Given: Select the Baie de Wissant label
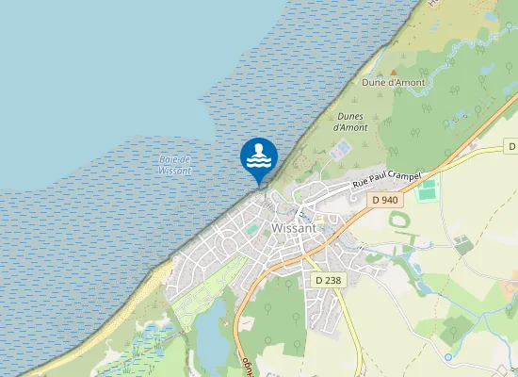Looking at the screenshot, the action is [x=175, y=165].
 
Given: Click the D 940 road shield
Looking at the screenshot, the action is [x=385, y=200].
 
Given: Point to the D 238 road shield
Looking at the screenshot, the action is [x=328, y=280].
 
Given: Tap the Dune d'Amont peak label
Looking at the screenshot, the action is [x=394, y=83].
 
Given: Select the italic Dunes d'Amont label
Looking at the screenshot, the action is [x=351, y=122].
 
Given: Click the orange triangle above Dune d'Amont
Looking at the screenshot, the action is [x=394, y=71].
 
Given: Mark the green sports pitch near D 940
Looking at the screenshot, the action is [x=428, y=190].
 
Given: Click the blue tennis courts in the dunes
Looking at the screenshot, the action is [x=343, y=149].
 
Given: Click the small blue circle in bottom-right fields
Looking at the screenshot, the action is [x=448, y=357].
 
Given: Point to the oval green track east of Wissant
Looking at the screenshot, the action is [x=400, y=221].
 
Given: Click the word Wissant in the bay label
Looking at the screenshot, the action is [x=175, y=171].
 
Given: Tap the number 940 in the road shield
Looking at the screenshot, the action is [x=390, y=200].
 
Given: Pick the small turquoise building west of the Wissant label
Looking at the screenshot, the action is [x=251, y=229].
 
